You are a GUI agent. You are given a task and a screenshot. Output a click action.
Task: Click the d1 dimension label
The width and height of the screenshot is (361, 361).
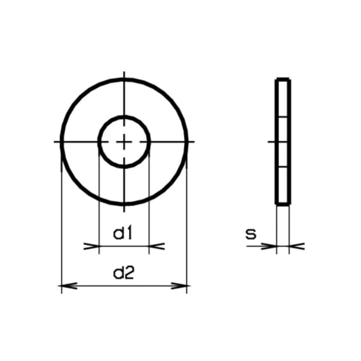[123, 233]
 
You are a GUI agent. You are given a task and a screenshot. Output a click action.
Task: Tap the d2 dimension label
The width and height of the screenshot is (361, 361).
[123, 274]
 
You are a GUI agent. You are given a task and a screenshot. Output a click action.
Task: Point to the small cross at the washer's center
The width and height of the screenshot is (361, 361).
[124, 142]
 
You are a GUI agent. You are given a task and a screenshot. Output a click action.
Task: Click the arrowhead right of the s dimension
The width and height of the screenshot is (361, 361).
[297, 245]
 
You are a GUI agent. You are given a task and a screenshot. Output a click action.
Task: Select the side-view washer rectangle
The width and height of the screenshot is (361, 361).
[283, 141]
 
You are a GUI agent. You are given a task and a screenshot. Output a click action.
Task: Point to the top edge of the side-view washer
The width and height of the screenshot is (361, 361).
[283, 79]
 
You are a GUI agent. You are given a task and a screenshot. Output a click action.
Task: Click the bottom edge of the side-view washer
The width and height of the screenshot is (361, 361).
[283, 204]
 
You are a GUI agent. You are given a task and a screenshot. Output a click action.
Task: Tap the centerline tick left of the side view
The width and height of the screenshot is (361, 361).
[271, 142]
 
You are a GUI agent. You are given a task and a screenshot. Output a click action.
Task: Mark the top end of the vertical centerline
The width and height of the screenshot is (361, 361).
[124, 73]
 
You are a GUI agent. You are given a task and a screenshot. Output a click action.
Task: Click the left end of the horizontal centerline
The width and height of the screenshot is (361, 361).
[55, 142]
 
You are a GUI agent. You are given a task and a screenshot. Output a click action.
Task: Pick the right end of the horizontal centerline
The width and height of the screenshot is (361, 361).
[194, 142]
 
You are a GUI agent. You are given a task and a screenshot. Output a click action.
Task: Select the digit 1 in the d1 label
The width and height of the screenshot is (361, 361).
[129, 233]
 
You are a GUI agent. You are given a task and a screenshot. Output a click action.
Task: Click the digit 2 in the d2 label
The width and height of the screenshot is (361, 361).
[129, 274]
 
